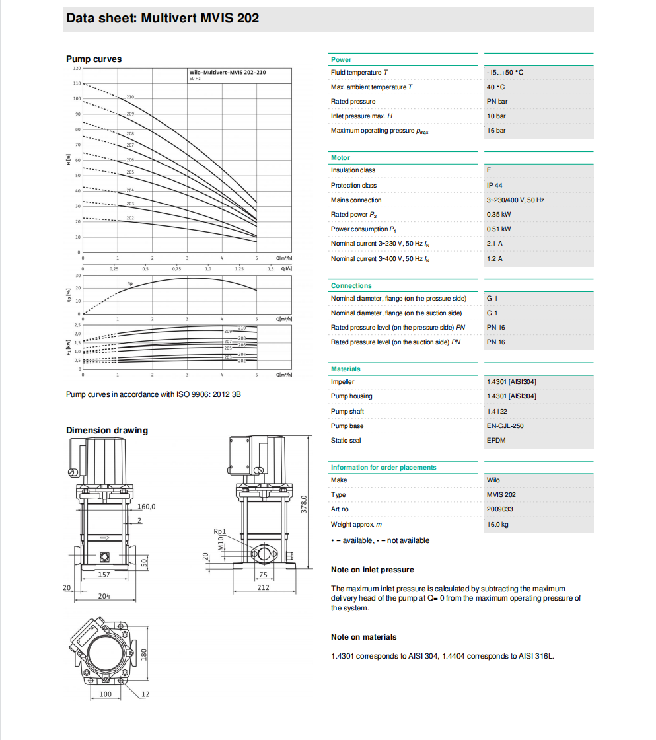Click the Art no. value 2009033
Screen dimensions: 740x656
pyautogui.click(x=499, y=509)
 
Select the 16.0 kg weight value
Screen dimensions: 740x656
pyautogui.click(x=497, y=525)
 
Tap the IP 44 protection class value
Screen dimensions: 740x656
pyautogui.click(x=494, y=186)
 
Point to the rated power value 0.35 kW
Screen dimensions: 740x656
pyautogui.click(x=499, y=215)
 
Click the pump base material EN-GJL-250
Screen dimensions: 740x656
pyautogui.click(x=505, y=426)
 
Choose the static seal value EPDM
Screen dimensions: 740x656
pyautogui.click(x=496, y=441)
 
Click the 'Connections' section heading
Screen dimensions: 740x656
pyautogui.click(x=351, y=286)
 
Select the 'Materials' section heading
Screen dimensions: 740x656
pyautogui.click(x=346, y=369)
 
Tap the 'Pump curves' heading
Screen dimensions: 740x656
pyautogui.click(x=94, y=59)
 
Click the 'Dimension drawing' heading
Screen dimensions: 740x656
pyautogui.click(x=107, y=431)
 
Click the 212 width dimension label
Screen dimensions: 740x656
pyautogui.click(x=263, y=587)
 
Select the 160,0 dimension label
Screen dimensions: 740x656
pyautogui.click(x=146, y=507)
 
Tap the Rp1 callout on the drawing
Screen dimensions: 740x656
pyautogui.click(x=220, y=531)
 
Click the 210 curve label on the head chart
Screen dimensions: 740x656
pyautogui.click(x=130, y=97)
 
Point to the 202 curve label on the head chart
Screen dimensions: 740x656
pyautogui.click(x=130, y=218)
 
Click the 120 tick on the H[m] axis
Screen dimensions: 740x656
pyautogui.click(x=77, y=68)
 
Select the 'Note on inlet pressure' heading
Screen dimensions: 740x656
pyautogui.click(x=373, y=570)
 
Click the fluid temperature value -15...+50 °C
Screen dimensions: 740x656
pyautogui.click(x=505, y=73)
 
